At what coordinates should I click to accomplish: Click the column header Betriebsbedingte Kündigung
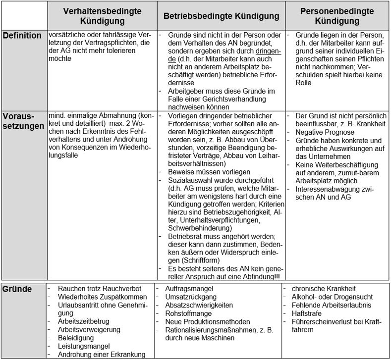(x=222, y=16)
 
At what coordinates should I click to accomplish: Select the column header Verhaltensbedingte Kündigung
(x=103, y=16)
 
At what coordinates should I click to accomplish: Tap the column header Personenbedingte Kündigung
(x=336, y=16)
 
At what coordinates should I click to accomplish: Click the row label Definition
(x=22, y=36)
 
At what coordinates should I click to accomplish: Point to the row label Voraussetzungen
(x=22, y=120)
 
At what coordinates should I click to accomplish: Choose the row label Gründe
(x=18, y=289)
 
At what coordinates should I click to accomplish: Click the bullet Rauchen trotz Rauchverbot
(x=99, y=288)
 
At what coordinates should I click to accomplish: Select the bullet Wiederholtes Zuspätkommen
(x=98, y=297)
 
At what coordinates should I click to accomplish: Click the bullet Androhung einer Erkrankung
(x=102, y=355)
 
